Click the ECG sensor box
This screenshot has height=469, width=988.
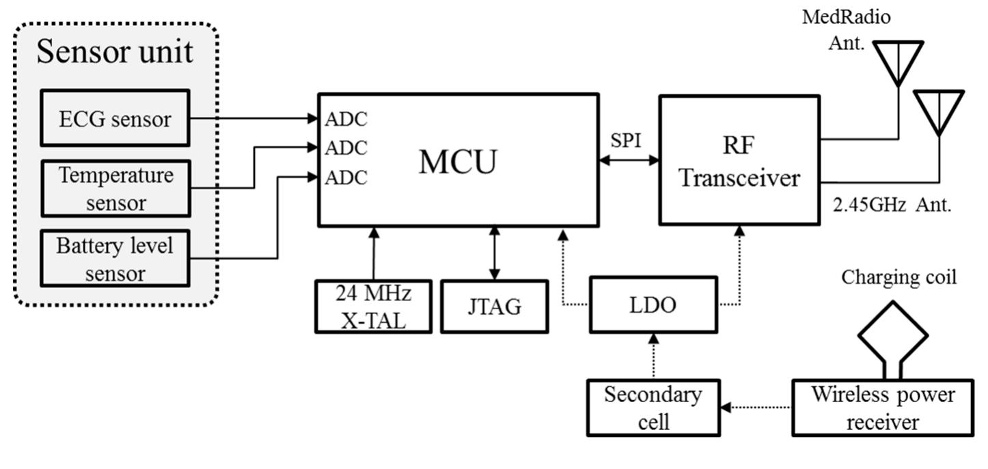(x=114, y=119)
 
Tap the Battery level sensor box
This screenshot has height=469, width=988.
(x=114, y=259)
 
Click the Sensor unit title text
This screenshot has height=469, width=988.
(x=115, y=52)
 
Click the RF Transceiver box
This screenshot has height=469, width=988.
(x=739, y=161)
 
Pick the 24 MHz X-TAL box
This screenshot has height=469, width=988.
(x=373, y=306)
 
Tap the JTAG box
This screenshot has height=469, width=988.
(x=494, y=306)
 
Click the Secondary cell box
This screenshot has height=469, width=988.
(x=653, y=407)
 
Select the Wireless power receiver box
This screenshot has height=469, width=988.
(x=883, y=407)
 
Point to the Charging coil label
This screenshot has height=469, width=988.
(x=898, y=278)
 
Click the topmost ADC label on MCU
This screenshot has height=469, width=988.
(x=346, y=119)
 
